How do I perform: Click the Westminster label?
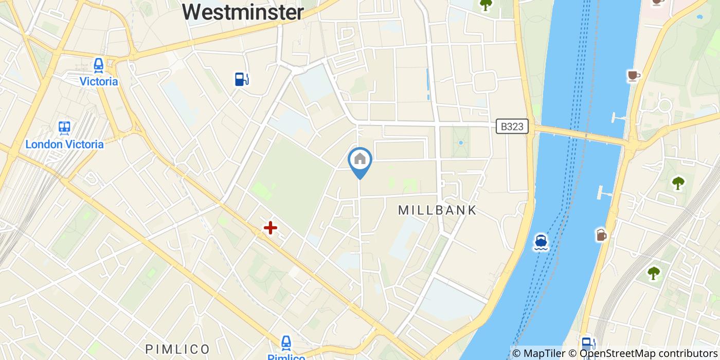coord(243,11)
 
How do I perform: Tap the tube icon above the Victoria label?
coord(98,65)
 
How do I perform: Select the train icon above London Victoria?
coord(64,128)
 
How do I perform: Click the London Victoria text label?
coord(64,144)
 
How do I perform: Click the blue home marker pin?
coord(360,160)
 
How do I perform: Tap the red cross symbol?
coord(270,227)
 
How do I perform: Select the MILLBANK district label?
coord(438,210)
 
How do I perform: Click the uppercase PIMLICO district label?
coord(177,349)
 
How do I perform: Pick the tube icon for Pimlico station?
coord(286,343)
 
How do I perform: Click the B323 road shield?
coord(512,127)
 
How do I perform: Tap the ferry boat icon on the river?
coord(541,241)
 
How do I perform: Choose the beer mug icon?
coord(601,235)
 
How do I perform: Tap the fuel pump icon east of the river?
coord(587,343)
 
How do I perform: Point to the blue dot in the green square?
coord(461,142)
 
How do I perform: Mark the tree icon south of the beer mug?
coord(654,273)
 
